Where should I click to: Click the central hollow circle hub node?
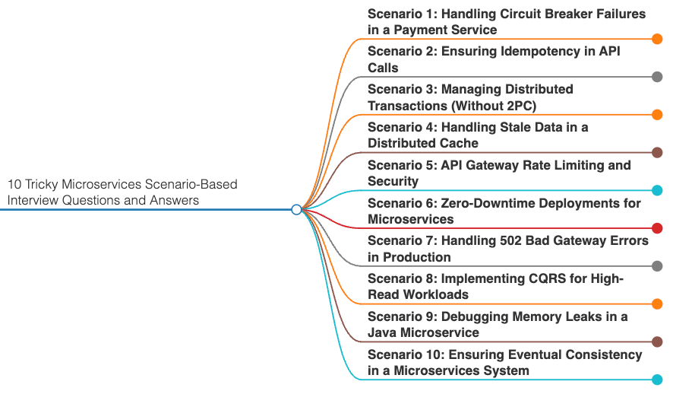click(296, 209)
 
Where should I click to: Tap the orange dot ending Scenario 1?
click(657, 39)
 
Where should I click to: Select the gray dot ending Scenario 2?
click(657, 77)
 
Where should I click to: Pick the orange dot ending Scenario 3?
click(657, 115)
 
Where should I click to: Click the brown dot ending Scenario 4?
click(657, 153)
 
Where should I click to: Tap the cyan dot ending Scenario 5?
click(657, 190)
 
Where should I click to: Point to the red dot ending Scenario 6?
click(657, 228)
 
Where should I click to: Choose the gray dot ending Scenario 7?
click(657, 266)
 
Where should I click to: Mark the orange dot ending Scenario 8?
click(657, 304)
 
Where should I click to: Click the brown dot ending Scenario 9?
click(657, 342)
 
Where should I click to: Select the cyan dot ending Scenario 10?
click(657, 380)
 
